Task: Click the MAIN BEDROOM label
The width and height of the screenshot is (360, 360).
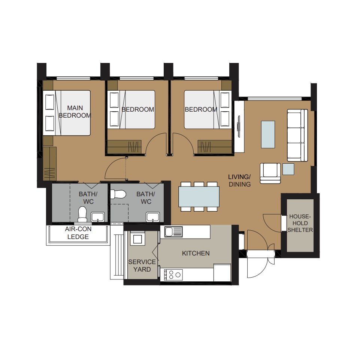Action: coord(75,112)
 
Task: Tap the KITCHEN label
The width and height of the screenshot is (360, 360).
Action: coord(196,253)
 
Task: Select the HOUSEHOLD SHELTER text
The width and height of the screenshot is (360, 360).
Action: coord(300,223)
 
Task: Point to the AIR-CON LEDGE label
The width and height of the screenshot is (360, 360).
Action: coord(78,233)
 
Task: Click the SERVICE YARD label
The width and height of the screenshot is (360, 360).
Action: coord(142,266)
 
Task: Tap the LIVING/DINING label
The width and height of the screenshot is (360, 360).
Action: coord(239,181)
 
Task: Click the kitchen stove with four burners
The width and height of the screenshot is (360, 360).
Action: coord(173,275)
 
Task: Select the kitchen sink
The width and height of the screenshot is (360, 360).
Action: coord(173,232)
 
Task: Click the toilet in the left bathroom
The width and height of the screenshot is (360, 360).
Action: coord(82,214)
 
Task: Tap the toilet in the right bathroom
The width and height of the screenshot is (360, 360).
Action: coord(118,194)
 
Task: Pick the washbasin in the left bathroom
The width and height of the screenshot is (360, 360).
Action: coord(97,217)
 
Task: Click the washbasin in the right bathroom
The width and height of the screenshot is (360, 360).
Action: coord(153,217)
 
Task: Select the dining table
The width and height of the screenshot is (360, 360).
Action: coord(199,197)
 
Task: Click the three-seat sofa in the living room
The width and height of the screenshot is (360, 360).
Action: coord(297,135)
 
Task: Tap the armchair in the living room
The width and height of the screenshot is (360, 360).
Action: coord(270,173)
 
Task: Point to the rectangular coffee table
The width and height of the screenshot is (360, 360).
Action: coord(268,134)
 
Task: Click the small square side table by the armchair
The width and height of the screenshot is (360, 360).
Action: coord(288,169)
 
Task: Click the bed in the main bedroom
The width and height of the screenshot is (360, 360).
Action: coord(67,113)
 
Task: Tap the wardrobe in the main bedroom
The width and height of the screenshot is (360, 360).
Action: coord(49,163)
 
